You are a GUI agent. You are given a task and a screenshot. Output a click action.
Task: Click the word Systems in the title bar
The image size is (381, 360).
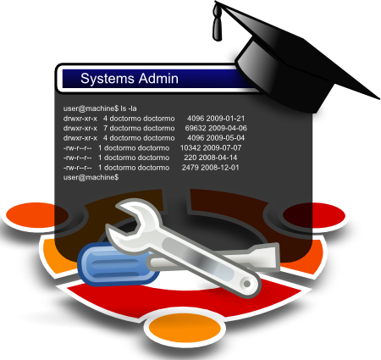click(108, 79)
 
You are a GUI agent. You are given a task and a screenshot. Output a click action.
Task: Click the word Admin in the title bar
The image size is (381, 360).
click(158, 78)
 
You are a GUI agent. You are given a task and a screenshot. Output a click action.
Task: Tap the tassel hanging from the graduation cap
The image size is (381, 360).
click(218, 24)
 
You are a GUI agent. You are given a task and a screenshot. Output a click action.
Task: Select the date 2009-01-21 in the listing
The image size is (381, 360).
click(225, 119)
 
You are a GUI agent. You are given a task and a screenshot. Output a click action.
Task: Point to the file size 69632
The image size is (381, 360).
click(196, 128)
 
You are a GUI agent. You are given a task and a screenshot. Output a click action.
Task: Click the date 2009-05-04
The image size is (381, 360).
click(225, 138)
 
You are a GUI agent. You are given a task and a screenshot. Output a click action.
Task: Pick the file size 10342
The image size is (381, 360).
click(190, 147)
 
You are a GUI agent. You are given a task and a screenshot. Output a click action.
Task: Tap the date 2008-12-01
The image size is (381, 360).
click(220, 168)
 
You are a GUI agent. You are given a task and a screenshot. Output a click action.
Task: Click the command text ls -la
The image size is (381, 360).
click(129, 108)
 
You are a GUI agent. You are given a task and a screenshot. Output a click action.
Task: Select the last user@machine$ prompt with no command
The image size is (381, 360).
click(91, 177)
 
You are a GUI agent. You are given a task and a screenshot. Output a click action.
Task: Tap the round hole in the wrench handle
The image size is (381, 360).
click(247, 284)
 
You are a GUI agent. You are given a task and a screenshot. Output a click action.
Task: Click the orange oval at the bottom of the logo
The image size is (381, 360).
click(185, 328)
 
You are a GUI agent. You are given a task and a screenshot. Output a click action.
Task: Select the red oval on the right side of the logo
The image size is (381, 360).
click(314, 215)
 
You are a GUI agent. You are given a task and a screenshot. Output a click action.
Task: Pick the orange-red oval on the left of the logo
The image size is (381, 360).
click(37, 215)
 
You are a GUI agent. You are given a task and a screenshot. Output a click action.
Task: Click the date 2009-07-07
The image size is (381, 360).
click(222, 147)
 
